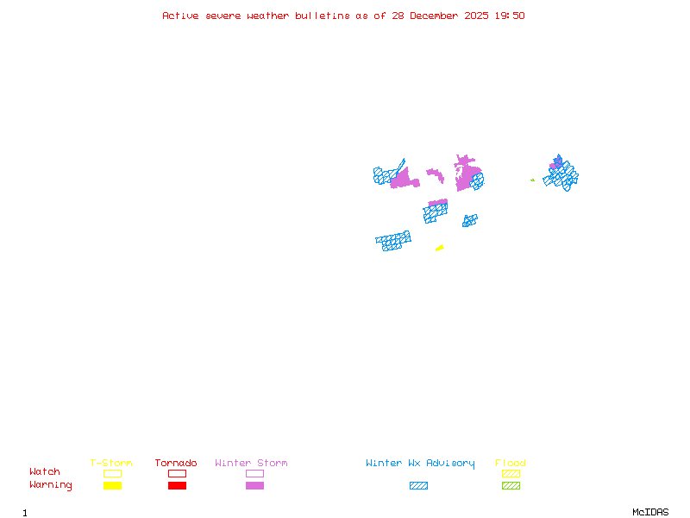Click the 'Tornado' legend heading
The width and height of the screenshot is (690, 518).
[176, 464]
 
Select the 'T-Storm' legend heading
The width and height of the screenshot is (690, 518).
[111, 464]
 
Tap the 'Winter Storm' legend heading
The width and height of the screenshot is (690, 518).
[251, 464]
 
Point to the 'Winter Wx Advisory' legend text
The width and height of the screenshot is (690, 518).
[420, 464]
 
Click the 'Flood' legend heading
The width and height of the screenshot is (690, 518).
[511, 464]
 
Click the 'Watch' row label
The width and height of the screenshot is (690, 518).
[45, 472]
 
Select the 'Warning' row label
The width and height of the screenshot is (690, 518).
[51, 485]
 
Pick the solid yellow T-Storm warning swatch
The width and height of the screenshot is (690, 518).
[112, 486]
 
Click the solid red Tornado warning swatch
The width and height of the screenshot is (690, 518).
[177, 486]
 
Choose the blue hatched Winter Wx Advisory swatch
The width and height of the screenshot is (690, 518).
[418, 486]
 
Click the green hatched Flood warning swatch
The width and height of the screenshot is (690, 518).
[511, 486]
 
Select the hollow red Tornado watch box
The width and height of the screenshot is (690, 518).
[177, 473]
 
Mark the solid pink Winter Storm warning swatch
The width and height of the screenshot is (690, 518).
[254, 486]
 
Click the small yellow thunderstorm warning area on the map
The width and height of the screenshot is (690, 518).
[440, 249]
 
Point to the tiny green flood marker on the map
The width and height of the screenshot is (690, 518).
[532, 180]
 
